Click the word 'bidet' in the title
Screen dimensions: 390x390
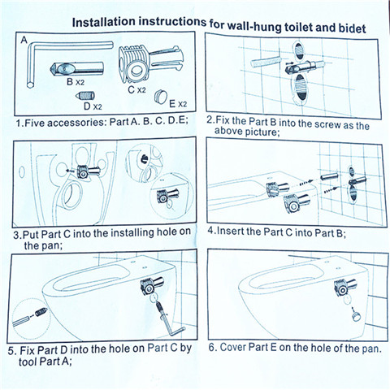point(352,28)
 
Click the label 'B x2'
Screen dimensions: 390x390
point(76,81)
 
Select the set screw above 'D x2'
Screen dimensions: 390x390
point(84,95)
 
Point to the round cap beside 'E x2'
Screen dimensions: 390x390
point(161,97)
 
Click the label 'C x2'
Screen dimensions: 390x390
point(136,89)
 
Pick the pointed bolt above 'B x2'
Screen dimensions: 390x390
point(76,68)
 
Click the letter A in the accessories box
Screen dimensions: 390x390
point(24,40)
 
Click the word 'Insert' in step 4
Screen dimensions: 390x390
point(230,231)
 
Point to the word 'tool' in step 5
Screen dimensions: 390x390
point(28,362)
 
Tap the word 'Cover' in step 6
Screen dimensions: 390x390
point(233,347)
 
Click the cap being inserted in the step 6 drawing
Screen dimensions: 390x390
point(357,316)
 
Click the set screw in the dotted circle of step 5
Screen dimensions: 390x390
point(42,312)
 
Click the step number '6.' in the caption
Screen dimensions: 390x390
point(212,347)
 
